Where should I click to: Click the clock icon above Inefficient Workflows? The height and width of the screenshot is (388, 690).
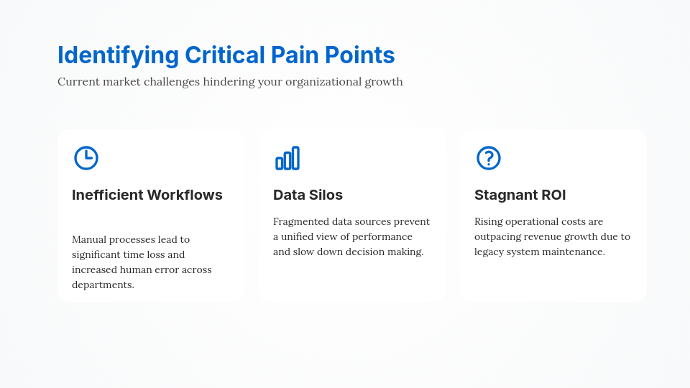(x=86, y=158)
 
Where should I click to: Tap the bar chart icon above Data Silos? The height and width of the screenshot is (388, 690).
(x=287, y=158)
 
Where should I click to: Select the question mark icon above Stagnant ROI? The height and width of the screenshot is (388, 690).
(x=489, y=158)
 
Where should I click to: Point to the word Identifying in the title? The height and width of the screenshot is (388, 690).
(x=118, y=55)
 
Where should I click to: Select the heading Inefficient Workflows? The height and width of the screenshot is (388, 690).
(x=147, y=195)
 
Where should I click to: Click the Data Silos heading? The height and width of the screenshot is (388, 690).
(x=308, y=195)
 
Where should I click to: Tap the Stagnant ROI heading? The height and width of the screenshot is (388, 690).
(x=520, y=195)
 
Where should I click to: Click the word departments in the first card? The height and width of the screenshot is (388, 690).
(x=102, y=285)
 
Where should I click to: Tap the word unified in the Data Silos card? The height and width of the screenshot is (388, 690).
(x=301, y=236)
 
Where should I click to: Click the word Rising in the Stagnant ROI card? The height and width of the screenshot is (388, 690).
(x=489, y=221)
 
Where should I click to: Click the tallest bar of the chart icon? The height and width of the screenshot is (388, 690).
(x=295, y=158)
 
